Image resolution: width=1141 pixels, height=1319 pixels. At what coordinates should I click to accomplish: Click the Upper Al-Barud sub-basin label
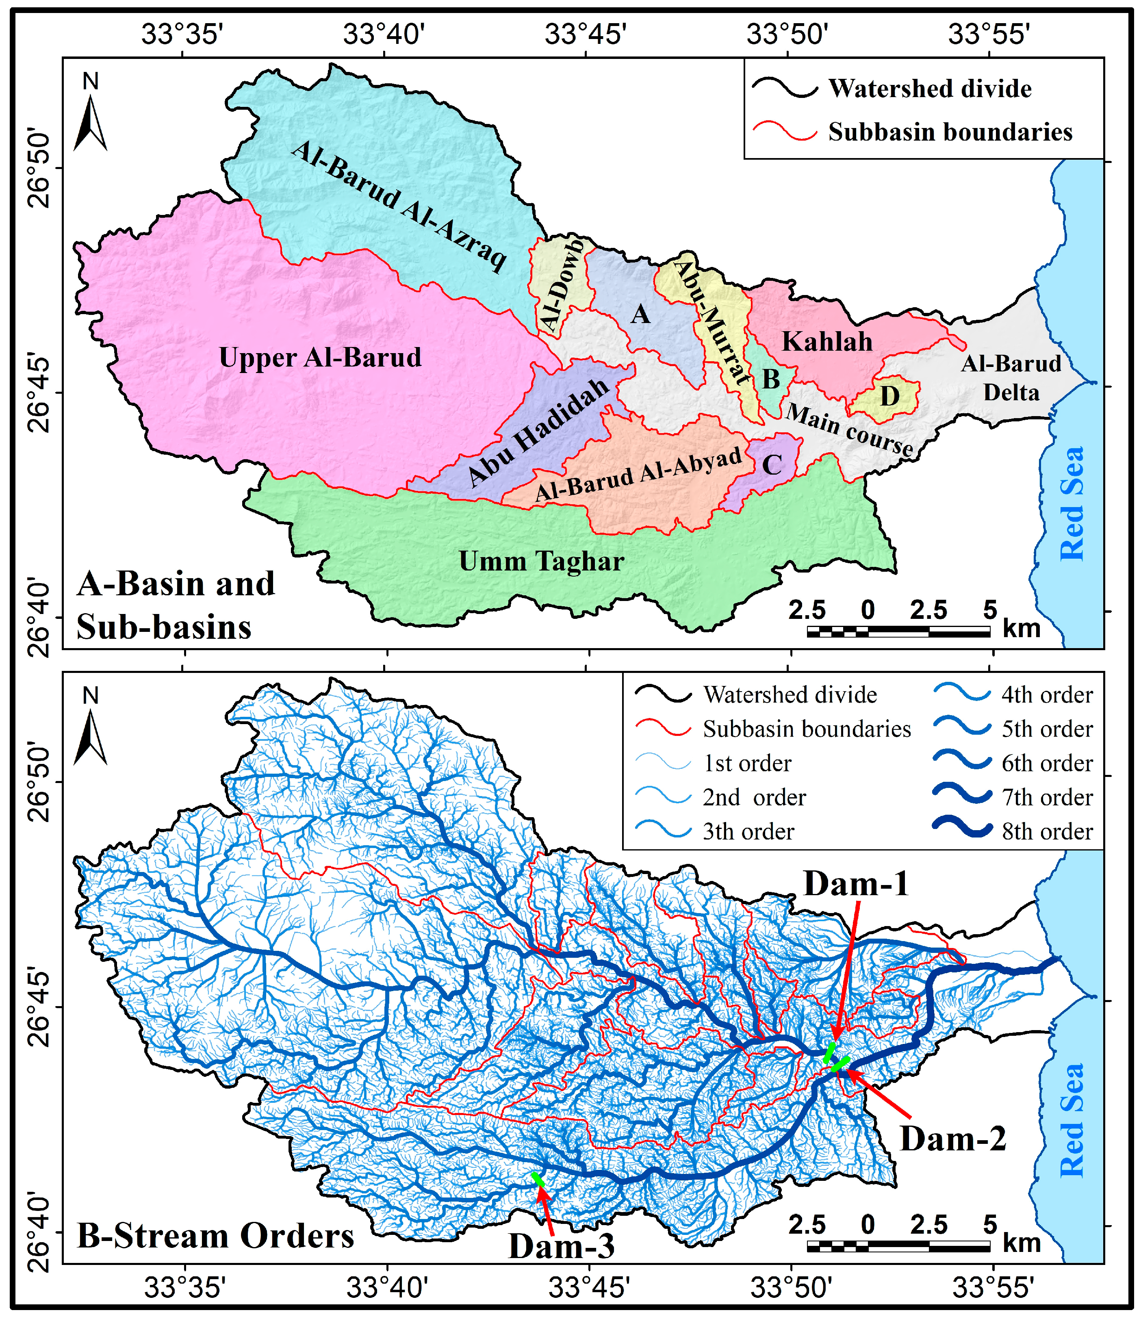point(320,358)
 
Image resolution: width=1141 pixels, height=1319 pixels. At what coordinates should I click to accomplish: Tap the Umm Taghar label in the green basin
point(541,562)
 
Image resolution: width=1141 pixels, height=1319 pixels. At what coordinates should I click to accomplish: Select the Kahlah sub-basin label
point(826,342)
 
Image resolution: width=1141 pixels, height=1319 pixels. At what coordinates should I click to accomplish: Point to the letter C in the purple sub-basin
point(772,465)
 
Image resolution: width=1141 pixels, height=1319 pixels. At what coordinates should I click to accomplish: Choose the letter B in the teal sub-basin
point(771,380)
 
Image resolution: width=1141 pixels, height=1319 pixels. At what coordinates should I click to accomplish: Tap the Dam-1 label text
point(856,884)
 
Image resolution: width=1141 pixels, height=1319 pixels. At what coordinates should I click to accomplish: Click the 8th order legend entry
point(1047,831)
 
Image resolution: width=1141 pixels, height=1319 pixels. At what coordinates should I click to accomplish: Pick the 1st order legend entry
point(746,763)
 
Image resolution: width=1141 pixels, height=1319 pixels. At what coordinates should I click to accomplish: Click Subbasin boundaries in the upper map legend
point(949,132)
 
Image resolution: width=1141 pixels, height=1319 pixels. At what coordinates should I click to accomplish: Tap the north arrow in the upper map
point(91,121)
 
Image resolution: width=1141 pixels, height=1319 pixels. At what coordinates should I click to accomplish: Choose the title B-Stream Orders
point(215,1236)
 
